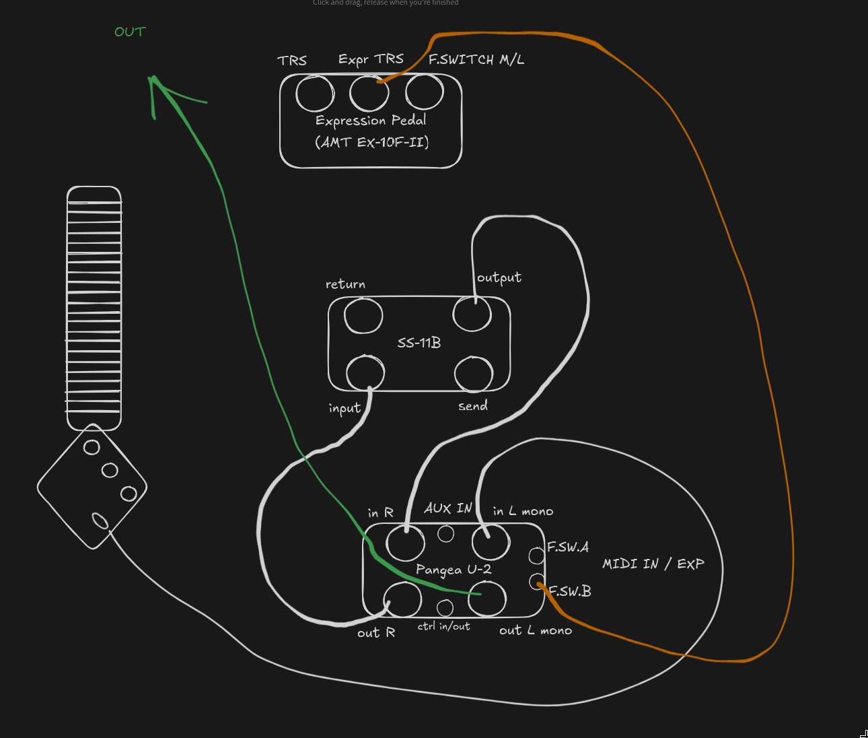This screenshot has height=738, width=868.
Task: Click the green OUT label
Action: (130, 32)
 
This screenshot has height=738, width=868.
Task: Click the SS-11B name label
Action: (419, 343)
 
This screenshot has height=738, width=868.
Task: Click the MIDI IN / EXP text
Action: (653, 564)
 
